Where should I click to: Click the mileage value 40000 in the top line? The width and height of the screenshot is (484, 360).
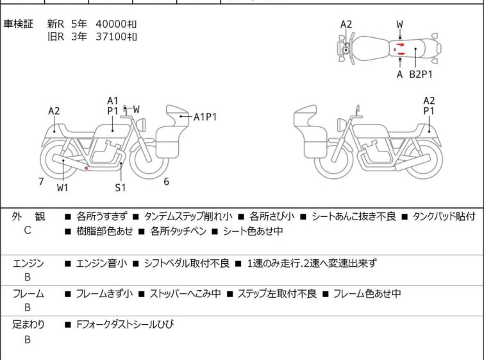110,24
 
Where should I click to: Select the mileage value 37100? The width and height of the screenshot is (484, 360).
110,37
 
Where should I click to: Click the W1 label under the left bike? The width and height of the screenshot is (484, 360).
62,188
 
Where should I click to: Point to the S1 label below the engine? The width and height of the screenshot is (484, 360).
121,188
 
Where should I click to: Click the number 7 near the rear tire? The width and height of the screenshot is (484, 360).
41,182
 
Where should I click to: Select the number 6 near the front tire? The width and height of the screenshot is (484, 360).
166,182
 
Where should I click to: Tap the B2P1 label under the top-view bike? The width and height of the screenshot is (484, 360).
421,74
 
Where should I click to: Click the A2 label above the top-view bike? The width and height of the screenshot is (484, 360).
346,24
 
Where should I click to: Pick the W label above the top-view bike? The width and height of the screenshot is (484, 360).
400,24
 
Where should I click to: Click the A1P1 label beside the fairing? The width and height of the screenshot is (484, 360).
206,117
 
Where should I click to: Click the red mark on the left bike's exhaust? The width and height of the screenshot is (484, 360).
87,169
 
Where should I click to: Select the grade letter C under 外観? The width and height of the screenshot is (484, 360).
28,230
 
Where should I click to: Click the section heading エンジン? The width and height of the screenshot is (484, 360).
28,263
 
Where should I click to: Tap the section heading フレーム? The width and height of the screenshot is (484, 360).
28,295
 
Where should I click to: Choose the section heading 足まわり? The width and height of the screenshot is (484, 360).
28,325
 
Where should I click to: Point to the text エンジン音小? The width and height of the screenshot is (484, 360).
101,263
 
